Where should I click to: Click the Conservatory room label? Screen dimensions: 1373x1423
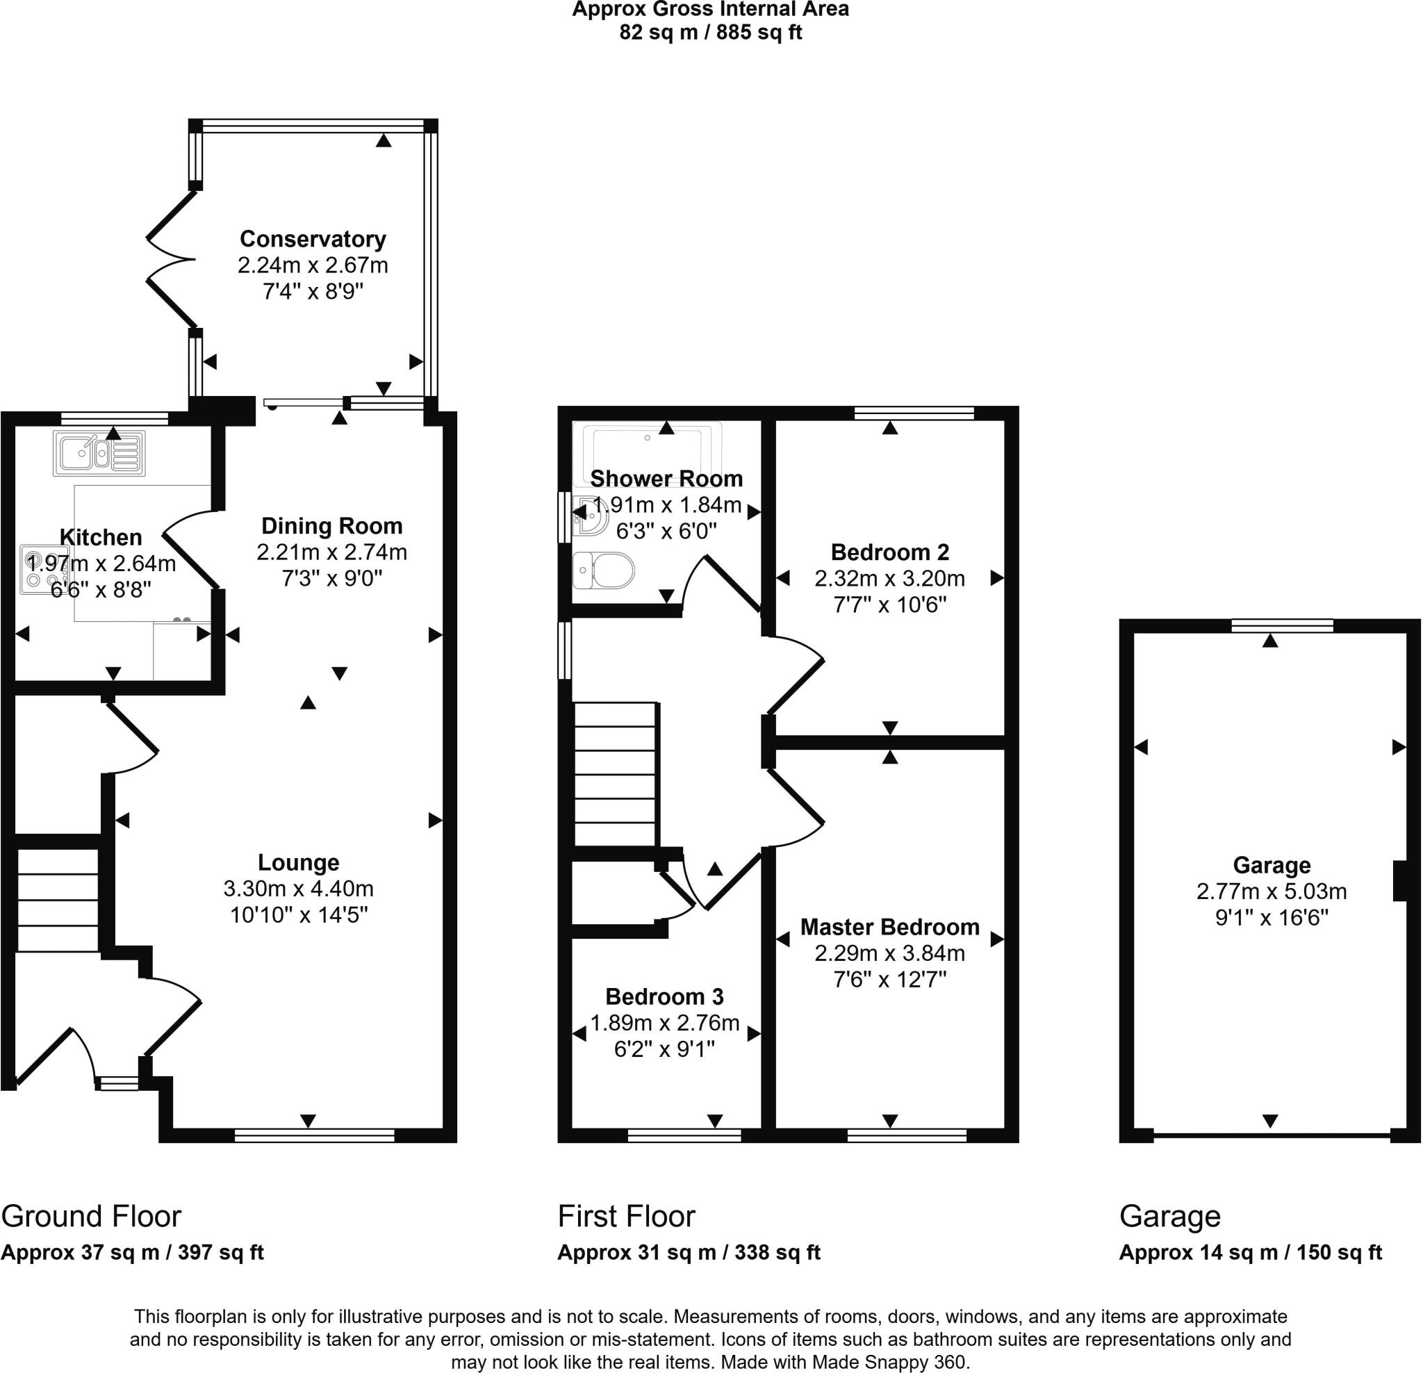312,239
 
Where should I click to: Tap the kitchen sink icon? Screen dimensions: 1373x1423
99,454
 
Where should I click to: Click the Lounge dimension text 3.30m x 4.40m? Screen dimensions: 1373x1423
298,889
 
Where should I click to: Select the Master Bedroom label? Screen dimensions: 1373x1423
889,927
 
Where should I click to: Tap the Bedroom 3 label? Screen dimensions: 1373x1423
664,997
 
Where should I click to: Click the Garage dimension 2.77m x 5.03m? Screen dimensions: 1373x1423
1272,891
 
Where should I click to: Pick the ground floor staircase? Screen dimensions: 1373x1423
58,901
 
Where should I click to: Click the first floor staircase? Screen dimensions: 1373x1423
616,774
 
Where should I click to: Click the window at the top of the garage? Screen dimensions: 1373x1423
1282,626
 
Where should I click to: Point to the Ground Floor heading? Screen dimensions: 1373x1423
91,1216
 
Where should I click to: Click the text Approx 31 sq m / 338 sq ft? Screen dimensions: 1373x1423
689,1253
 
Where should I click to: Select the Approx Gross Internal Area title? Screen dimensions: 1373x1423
710,10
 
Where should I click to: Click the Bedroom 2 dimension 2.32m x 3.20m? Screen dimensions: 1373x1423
889,579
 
